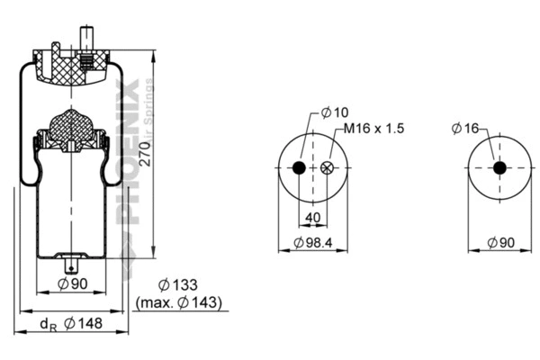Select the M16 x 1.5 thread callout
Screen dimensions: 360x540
pos(373,129)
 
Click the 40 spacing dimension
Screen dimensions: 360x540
pos(312,216)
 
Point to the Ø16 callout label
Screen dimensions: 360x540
pos(464,129)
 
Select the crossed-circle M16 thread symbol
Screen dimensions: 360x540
pos(326,168)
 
